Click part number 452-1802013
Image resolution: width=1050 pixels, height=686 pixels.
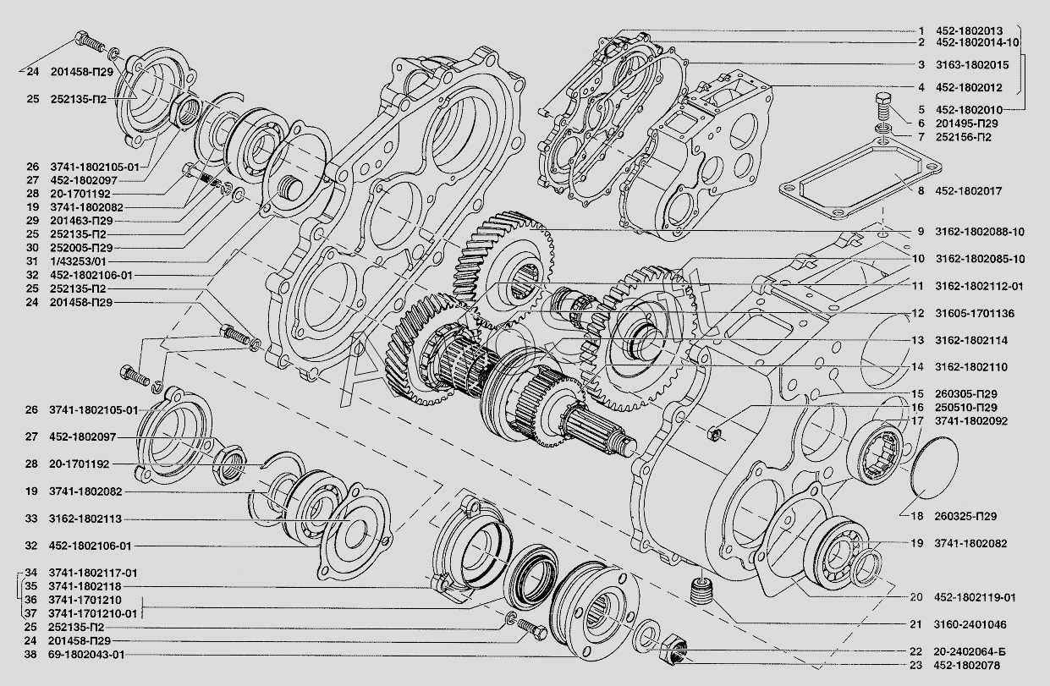970,31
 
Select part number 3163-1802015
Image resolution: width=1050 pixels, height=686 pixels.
972,65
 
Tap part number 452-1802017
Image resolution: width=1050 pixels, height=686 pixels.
969,191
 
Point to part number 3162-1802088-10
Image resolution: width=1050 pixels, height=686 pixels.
980,232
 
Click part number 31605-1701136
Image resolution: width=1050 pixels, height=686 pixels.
975,314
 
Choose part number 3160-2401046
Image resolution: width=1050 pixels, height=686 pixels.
970,624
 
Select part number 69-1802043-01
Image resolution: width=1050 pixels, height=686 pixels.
86,655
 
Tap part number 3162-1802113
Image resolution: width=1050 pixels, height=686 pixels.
85,519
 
